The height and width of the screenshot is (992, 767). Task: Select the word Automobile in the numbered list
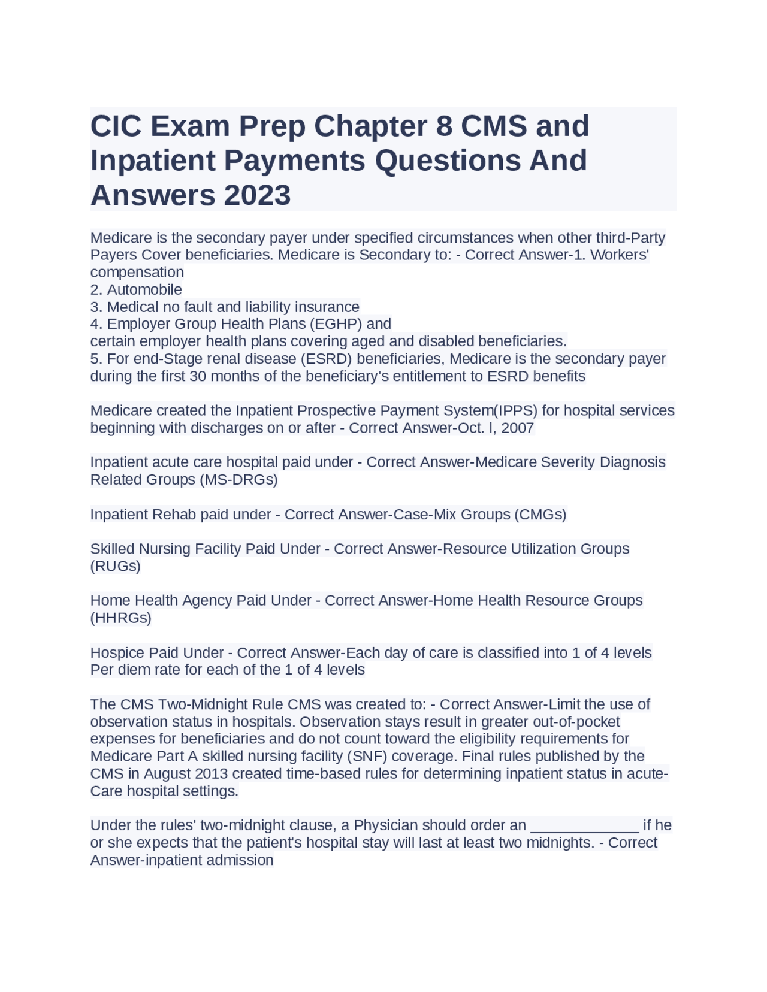[x=144, y=290]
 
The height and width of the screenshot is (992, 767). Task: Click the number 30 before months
[x=197, y=376]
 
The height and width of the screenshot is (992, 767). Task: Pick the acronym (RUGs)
[x=116, y=566]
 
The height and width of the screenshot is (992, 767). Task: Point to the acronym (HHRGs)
[x=120, y=618]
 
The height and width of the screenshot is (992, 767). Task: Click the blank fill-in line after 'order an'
[x=584, y=825]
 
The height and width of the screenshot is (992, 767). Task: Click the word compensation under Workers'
[x=137, y=273]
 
